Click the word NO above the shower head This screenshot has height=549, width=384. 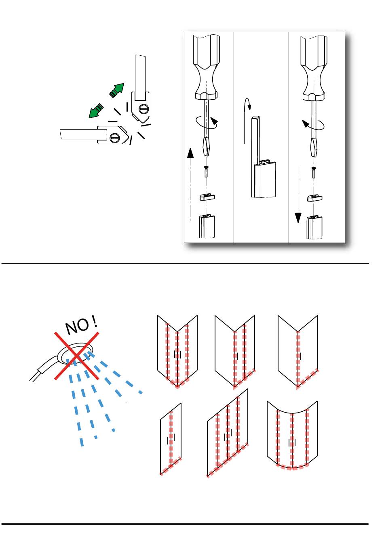coord(78,326)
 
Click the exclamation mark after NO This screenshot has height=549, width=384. coord(95,321)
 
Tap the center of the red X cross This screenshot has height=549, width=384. coord(77,356)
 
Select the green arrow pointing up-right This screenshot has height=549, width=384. coord(117,90)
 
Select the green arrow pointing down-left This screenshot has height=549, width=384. coord(96,111)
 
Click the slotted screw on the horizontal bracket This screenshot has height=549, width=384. coord(114,138)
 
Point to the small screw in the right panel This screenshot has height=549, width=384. coord(314,172)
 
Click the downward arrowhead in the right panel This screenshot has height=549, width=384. coord(298,218)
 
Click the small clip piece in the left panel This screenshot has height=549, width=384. coord(207,197)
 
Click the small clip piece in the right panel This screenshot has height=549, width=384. coord(315,198)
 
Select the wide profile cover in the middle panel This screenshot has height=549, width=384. coord(265,180)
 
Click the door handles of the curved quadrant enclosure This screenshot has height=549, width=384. coord(292,442)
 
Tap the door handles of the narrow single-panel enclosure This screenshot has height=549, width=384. coord(171,440)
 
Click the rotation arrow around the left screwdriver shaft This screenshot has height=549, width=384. coord(207,123)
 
